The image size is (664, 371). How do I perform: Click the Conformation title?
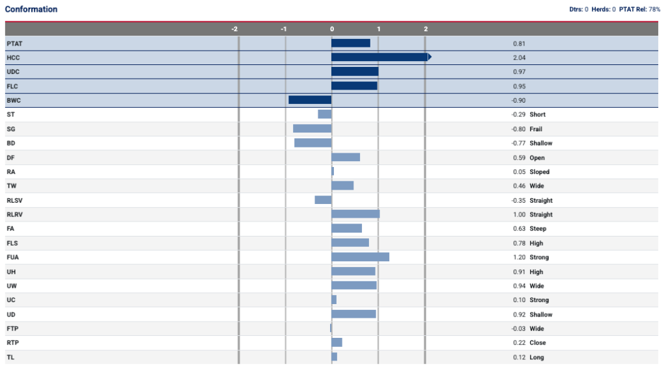[x=31, y=9]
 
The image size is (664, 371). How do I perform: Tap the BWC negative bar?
[x=310, y=100]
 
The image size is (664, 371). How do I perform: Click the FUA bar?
[x=361, y=257]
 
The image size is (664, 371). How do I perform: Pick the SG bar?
[x=312, y=129]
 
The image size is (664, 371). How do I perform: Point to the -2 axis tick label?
[x=235, y=29]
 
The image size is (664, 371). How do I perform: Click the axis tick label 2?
[x=426, y=29]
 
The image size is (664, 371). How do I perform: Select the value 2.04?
[x=519, y=58]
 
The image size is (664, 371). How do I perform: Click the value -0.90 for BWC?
[x=518, y=100]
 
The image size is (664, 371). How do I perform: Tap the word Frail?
[x=536, y=129]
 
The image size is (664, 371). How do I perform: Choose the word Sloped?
[x=539, y=172]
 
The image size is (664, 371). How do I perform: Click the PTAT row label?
[x=14, y=44]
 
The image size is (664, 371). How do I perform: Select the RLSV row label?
[x=14, y=200]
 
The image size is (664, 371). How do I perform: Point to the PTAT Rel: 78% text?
[x=639, y=9]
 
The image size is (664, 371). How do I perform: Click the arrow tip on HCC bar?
[x=431, y=57]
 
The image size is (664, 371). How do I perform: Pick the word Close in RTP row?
[x=538, y=342]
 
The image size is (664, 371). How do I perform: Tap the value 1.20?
[x=519, y=257]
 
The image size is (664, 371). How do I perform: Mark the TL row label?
[x=10, y=357]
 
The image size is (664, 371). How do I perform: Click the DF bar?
[x=346, y=157]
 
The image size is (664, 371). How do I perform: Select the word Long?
[x=537, y=357]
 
